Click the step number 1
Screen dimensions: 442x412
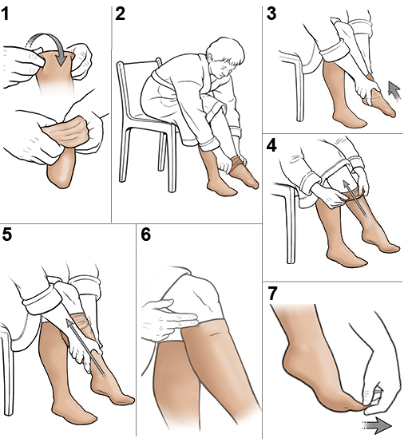tap(10, 14)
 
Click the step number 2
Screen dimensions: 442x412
tap(121, 14)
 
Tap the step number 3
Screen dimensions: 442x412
tap(271, 14)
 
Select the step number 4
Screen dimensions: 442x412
tap(271, 147)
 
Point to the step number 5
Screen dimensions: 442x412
tap(10, 237)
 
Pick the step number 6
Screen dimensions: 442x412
tap(146, 237)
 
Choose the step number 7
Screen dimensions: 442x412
tap(271, 293)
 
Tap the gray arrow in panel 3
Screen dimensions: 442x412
tap(394, 89)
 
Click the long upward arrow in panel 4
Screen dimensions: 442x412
tap(339, 203)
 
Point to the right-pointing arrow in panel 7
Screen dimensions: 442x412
tap(378, 422)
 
